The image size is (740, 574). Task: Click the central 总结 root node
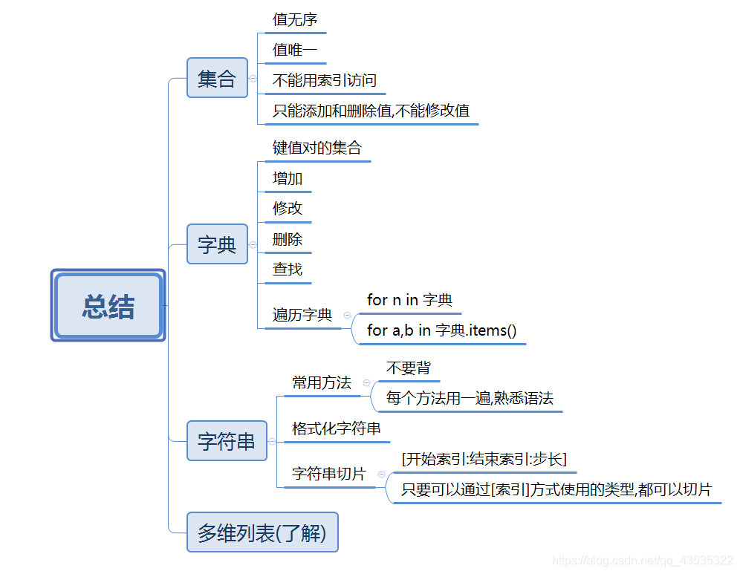point(108,306)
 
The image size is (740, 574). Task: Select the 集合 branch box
point(217,78)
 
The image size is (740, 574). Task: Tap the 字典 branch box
point(217,244)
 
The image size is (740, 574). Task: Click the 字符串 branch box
point(227,441)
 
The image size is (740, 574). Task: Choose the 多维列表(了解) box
point(262,532)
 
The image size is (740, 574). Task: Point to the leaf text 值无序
point(295,20)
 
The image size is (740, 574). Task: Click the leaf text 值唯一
point(295,50)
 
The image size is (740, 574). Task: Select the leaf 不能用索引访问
point(325,81)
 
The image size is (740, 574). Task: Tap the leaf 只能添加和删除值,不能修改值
point(371,111)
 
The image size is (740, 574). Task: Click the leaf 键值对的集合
point(317,148)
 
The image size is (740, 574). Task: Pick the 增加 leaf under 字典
point(288,179)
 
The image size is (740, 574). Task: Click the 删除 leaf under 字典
point(288,239)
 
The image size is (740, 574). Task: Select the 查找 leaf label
point(288,269)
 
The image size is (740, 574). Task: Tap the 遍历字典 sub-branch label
point(302,315)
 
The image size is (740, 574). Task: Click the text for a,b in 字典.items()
point(441,330)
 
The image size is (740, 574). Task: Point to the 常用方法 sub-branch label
point(322,383)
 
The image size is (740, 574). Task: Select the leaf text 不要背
point(408,368)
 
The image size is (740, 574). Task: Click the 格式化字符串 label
point(337,428)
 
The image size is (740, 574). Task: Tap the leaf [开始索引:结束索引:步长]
point(484,459)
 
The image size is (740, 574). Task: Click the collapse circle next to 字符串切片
point(381,474)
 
